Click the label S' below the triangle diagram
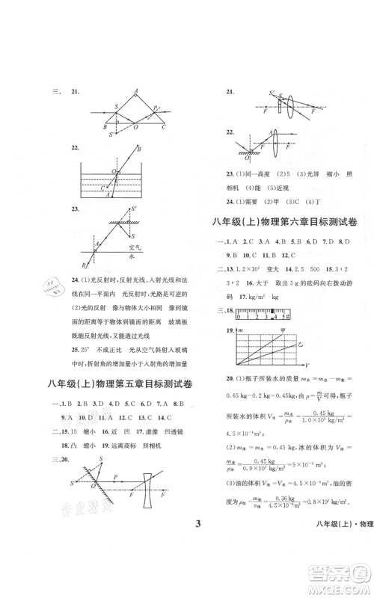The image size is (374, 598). [x=111, y=135]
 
